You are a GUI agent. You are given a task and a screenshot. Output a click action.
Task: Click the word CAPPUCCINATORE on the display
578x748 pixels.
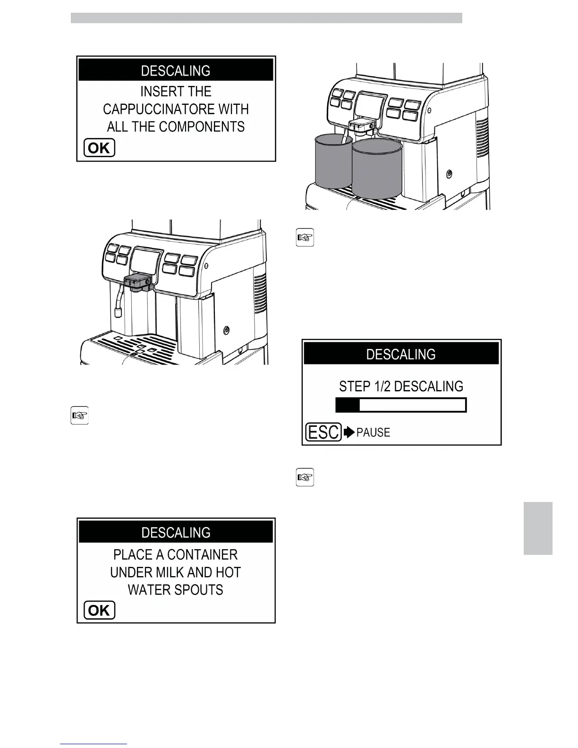[158, 110]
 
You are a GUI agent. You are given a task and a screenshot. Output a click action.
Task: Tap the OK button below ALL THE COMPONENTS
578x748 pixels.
[99, 148]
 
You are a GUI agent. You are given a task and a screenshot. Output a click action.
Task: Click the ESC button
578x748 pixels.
[323, 432]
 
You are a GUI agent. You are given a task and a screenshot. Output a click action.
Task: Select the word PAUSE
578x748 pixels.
[373, 433]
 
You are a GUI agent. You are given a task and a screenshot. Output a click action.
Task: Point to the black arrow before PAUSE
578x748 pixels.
[349, 432]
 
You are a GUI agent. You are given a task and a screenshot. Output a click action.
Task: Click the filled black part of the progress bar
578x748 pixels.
[348, 405]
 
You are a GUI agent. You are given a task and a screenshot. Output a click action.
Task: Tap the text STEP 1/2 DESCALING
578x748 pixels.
[401, 386]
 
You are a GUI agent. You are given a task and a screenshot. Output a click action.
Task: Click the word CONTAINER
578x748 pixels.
[202, 554]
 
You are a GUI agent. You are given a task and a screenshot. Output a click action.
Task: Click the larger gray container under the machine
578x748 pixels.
[377, 170]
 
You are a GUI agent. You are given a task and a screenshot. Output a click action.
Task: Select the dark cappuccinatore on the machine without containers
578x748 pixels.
[137, 282]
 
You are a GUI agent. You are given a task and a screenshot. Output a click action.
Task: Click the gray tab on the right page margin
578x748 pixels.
[538, 528]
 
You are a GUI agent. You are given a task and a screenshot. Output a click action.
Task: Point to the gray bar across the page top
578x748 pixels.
[266, 18]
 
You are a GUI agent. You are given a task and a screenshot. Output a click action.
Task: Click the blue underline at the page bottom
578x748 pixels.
[93, 744]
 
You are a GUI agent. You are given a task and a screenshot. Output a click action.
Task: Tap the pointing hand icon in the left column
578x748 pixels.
[79, 416]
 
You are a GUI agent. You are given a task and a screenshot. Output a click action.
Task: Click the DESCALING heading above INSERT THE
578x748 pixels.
[176, 71]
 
